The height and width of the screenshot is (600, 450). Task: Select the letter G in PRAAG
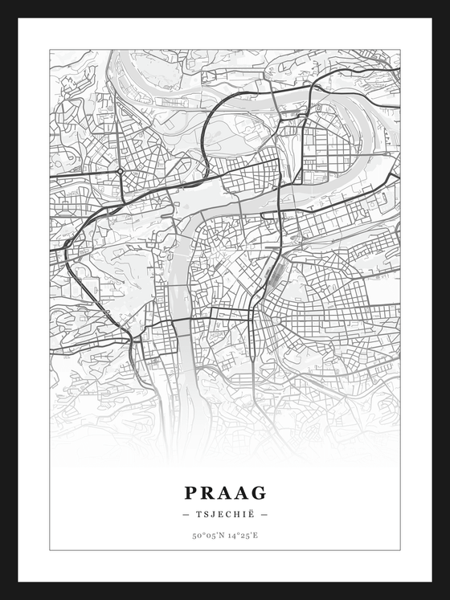259,492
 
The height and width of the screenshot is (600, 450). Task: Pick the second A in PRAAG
241,492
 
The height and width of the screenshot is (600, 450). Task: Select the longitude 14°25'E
243,535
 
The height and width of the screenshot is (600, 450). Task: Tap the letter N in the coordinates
221,535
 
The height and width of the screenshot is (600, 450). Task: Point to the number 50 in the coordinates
196,535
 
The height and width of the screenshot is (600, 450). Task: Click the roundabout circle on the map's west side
120,171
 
